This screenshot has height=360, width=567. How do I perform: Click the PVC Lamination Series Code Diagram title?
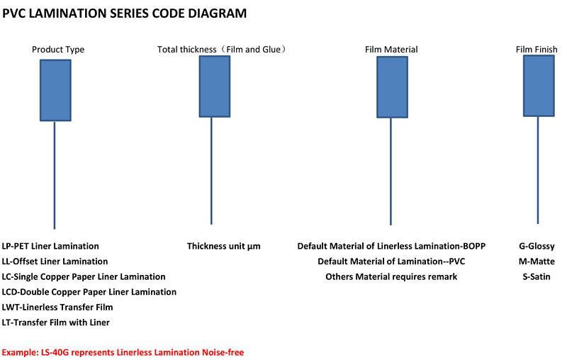coord(125,13)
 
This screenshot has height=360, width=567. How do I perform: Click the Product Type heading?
coord(58,50)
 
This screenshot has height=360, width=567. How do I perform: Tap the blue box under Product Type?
coord(55,90)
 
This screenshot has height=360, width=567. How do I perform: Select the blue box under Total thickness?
coord(215,86)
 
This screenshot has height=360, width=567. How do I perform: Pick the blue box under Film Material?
coord(393,87)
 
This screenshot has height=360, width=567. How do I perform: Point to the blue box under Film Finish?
coord(539,86)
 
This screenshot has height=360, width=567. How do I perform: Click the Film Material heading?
coord(391,50)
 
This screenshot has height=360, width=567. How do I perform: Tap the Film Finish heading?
coord(537,50)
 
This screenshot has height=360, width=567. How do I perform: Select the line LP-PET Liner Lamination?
coord(50,246)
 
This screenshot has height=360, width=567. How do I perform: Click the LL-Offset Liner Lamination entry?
coord(55,261)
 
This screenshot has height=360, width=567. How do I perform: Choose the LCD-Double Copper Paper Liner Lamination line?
coord(89,292)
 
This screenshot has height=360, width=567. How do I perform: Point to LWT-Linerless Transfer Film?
coord(57,308)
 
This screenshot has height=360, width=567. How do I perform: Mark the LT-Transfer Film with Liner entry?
coord(56,322)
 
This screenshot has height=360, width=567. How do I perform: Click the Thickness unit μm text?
coord(224,247)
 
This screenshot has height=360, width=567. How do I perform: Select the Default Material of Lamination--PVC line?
coord(391,261)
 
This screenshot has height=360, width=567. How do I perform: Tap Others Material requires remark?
coord(391,277)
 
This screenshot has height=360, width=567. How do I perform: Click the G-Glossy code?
coord(537,247)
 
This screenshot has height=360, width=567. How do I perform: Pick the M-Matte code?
coord(537,261)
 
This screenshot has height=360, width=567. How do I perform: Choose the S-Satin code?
coord(537,277)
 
